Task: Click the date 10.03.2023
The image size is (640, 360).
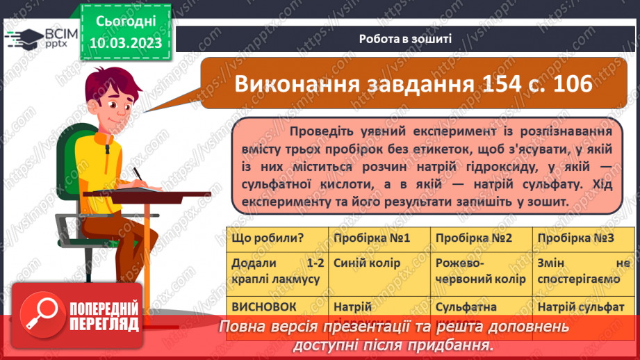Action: (125, 43)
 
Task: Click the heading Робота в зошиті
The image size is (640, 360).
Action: (406, 39)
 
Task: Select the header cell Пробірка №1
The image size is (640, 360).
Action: (372, 238)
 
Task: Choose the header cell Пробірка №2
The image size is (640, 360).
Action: (474, 238)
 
